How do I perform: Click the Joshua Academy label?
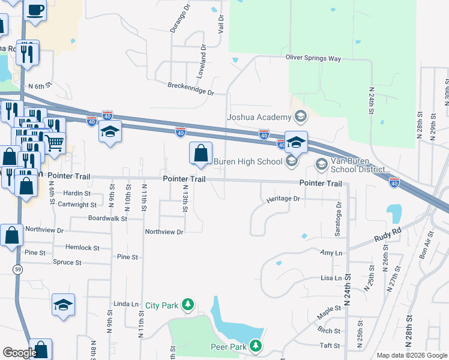click(258, 116)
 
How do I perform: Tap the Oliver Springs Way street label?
click(313, 58)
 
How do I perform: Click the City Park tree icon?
click(188, 305)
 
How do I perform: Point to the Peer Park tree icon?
click(256, 346)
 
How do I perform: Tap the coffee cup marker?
click(35, 11)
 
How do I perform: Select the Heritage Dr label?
click(283, 199)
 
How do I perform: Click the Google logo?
click(20, 352)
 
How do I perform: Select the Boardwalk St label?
click(107, 219)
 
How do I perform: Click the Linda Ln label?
click(126, 304)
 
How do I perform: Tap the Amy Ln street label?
click(331, 254)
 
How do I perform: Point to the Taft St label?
click(330, 346)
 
